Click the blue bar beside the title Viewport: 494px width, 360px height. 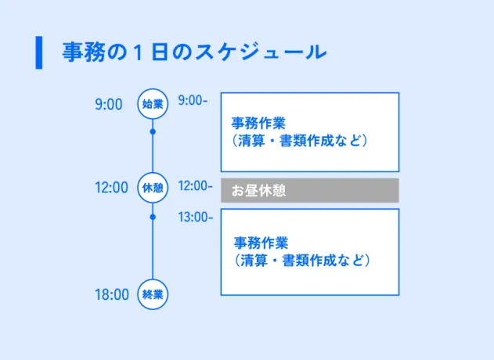[x=39, y=52]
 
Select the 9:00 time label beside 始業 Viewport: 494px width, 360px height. [x=109, y=103]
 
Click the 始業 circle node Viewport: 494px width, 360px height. [x=153, y=103]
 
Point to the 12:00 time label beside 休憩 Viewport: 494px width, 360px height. [x=111, y=188]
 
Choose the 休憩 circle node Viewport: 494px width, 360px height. [x=153, y=188]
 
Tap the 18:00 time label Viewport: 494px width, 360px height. [x=111, y=295]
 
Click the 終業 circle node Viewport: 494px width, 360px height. [x=153, y=295]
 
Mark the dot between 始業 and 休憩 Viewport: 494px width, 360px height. [x=153, y=131]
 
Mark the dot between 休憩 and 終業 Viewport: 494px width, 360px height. [x=153, y=217]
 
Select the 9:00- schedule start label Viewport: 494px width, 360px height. [x=193, y=100]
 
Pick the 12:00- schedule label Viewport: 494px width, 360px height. [x=195, y=186]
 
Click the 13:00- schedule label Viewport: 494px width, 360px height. [x=195, y=217]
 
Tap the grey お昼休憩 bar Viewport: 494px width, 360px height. [x=310, y=190]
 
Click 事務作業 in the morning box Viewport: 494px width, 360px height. [x=259, y=124]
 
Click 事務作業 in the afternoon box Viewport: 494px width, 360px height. [x=261, y=243]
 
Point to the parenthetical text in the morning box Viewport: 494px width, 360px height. [x=300, y=142]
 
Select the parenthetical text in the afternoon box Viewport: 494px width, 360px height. [x=302, y=260]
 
